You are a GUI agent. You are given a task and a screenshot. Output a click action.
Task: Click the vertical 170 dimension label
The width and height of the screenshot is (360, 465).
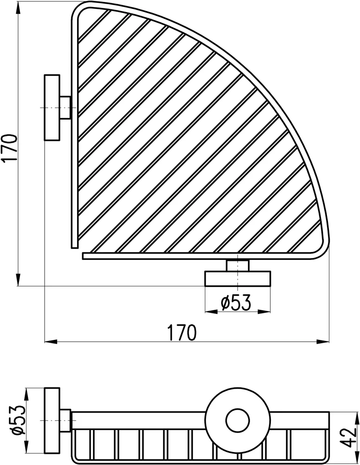pos(9,148)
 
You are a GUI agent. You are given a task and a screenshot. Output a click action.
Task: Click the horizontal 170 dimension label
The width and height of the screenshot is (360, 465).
pos(182,333)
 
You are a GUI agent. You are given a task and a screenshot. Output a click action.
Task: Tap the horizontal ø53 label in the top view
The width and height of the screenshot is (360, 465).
pos(236,302)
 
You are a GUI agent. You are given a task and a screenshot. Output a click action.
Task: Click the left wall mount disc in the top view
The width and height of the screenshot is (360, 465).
pos(52,107)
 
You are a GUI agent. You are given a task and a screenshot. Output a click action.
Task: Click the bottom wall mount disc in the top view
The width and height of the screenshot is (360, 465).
pos(238,279)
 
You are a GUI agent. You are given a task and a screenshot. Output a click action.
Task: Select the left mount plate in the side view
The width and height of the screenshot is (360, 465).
pos(52,420)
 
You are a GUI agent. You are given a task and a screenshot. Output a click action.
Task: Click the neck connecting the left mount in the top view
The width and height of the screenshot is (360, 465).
pos(65,107)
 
